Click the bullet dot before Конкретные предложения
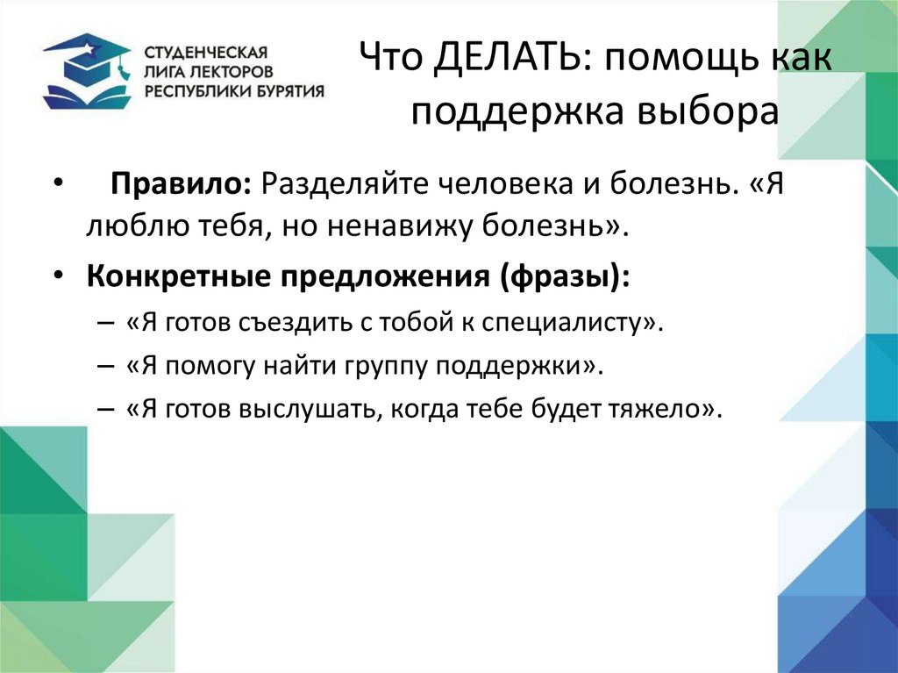coord(57,274)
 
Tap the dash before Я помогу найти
coord(106,366)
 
